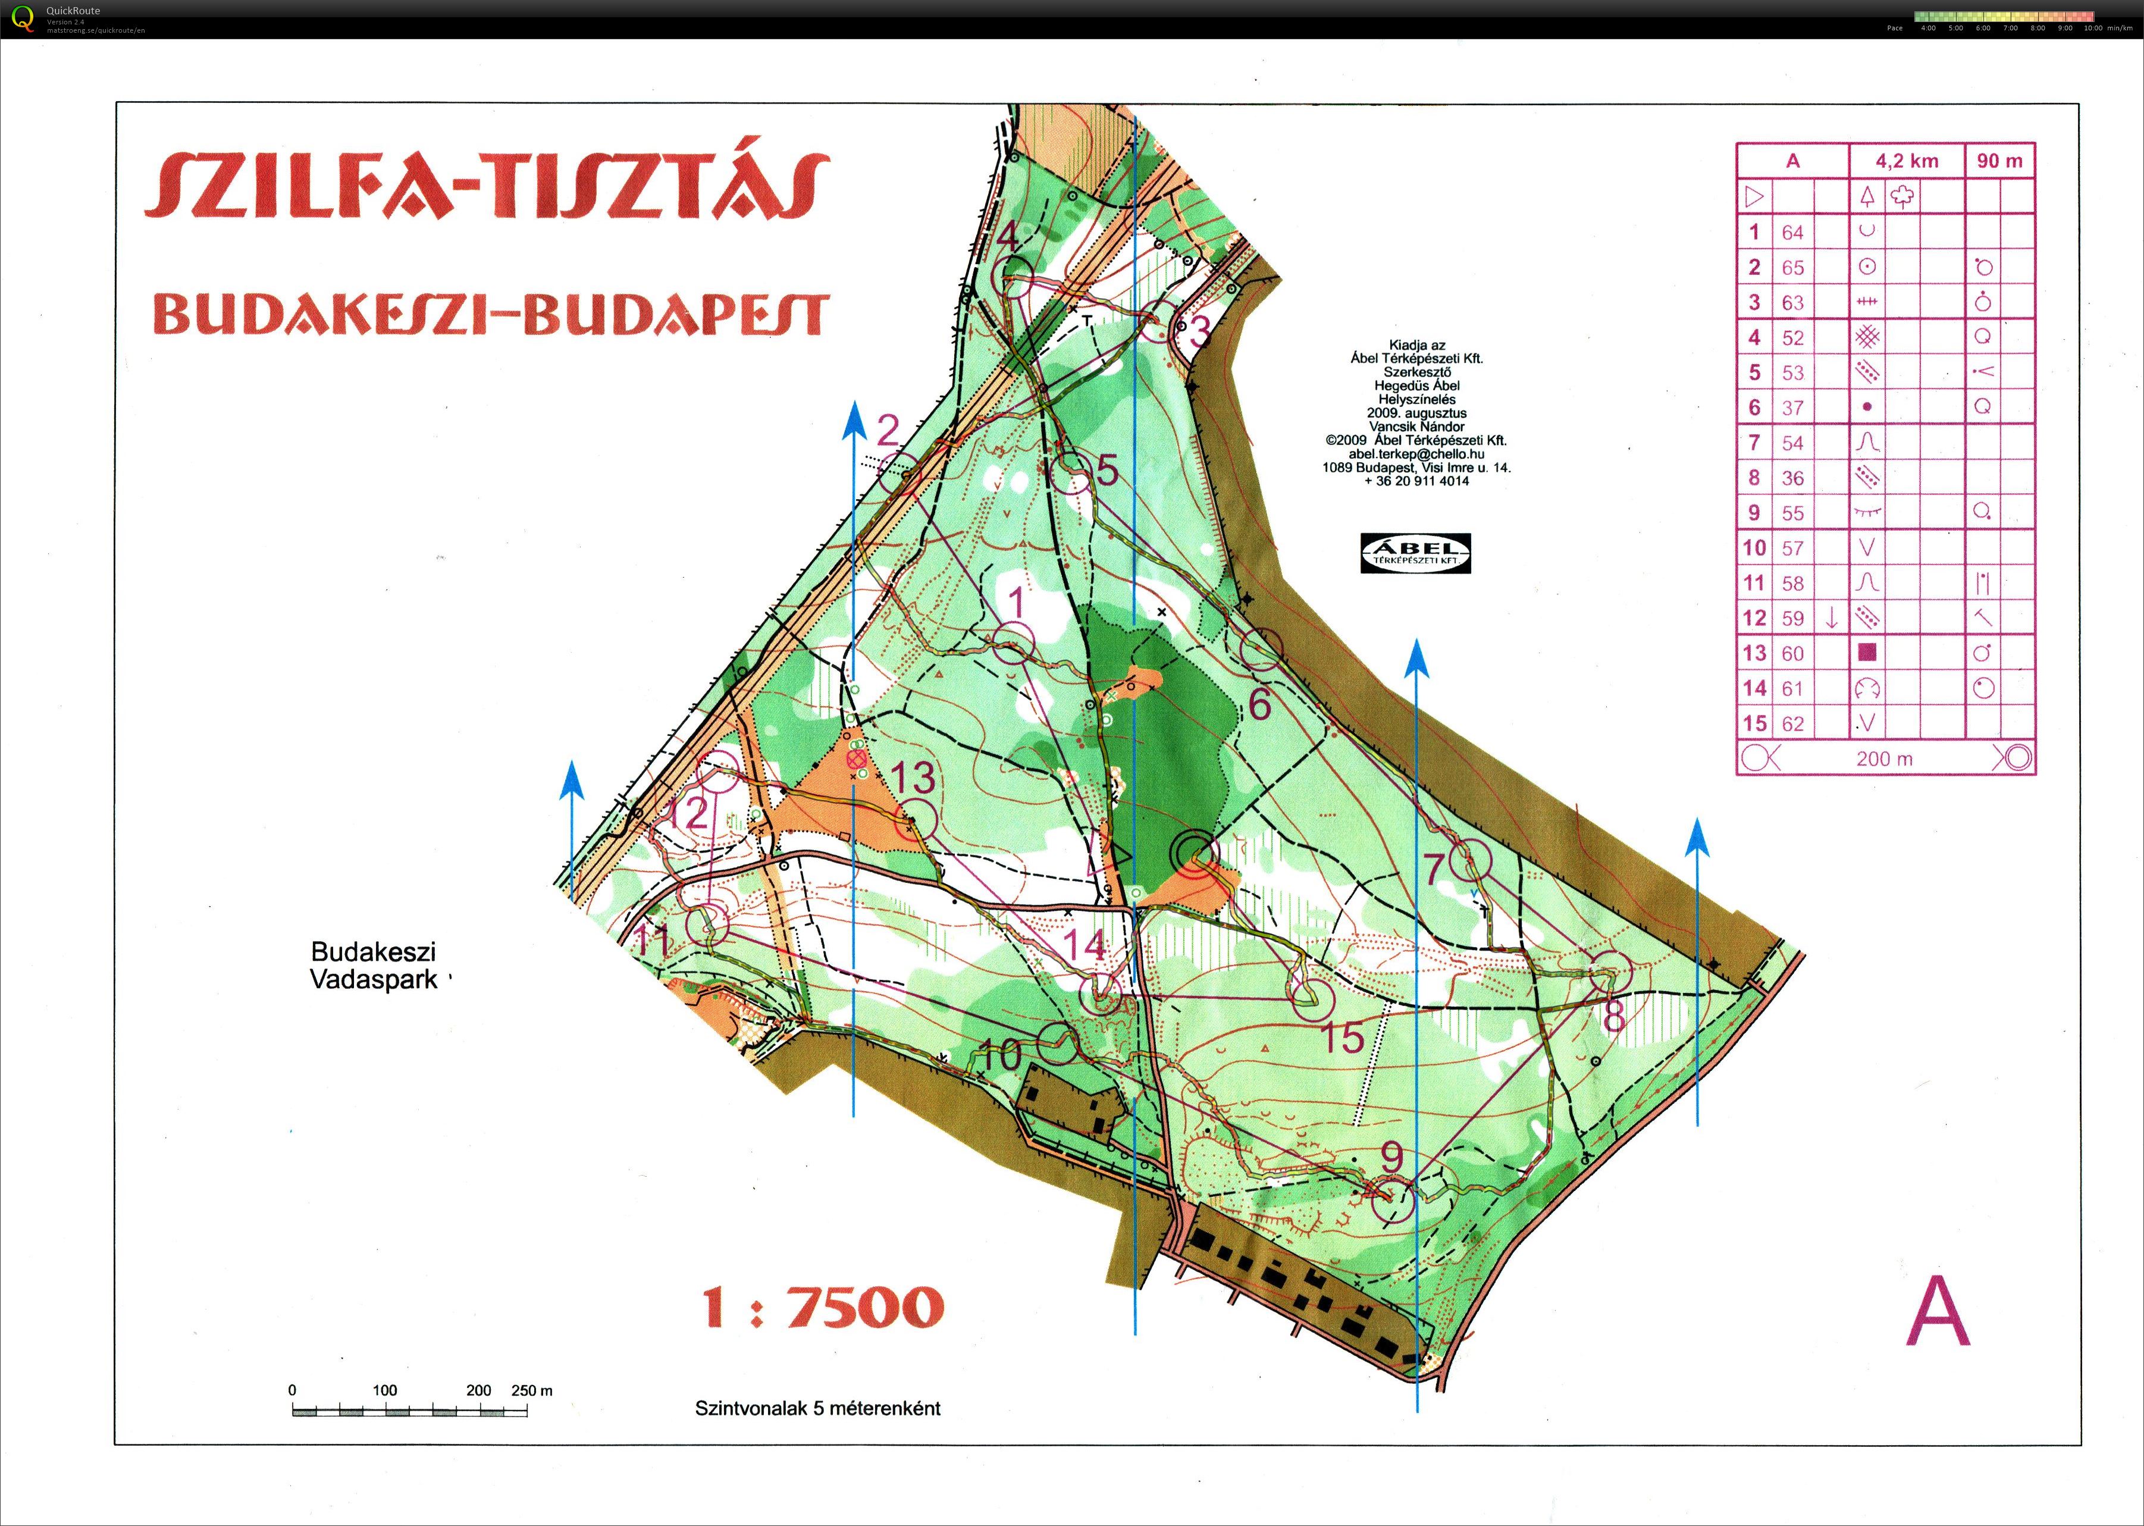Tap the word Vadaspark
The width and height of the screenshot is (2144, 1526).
click(x=374, y=979)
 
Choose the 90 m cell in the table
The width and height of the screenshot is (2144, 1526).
click(x=1999, y=161)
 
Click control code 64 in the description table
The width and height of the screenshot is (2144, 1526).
click(x=1792, y=232)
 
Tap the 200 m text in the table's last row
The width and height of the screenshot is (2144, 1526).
click(x=1884, y=759)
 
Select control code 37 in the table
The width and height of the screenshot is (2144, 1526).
click(x=1792, y=408)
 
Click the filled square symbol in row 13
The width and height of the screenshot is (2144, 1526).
click(x=1867, y=652)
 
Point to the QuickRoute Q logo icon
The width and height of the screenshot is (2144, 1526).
click(x=21, y=18)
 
